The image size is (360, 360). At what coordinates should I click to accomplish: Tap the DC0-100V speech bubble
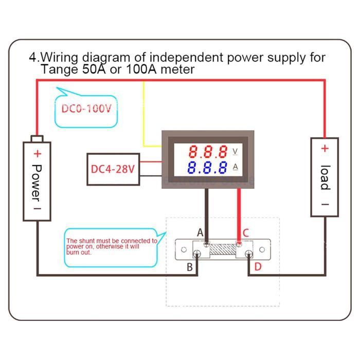pos(86,110)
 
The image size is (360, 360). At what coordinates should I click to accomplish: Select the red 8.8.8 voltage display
pos(208,152)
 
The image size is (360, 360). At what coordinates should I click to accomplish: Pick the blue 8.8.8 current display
pos(208,168)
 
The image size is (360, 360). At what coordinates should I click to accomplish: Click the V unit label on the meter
pos(236,151)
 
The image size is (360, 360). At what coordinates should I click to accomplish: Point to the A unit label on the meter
pos(236,167)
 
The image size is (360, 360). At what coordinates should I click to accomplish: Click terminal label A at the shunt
pos(200,233)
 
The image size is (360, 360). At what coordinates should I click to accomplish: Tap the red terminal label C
pos(245,233)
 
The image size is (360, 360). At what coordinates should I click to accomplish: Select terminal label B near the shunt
pos(190,267)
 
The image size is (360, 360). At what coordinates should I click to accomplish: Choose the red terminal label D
pos(258,266)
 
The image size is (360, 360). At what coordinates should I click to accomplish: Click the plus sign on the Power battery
pos(37,153)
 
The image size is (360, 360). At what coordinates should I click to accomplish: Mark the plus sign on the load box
pos(325,149)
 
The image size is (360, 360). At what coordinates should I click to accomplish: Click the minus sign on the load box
pos(325,204)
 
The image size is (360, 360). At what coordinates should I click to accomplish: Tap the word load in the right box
pos(325,177)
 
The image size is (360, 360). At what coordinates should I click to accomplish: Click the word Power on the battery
pos(37,179)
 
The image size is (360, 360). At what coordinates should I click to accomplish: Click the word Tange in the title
pos(58,69)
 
